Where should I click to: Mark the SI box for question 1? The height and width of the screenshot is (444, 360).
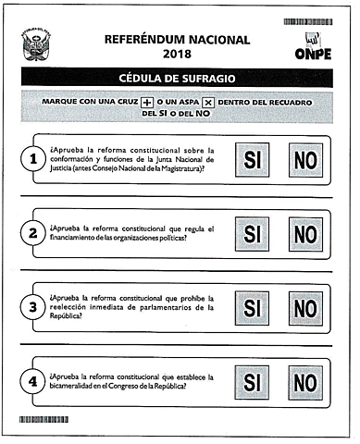(252, 159)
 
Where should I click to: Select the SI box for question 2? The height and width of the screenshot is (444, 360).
(252, 234)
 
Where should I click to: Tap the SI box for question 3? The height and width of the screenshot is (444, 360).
(252, 307)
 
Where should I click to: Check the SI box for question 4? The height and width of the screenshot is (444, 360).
(252, 380)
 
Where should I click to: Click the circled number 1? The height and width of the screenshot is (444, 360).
(33, 160)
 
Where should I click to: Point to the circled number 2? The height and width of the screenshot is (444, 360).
(33, 234)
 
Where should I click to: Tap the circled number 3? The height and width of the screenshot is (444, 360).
(33, 307)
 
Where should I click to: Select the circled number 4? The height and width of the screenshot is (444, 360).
(33, 380)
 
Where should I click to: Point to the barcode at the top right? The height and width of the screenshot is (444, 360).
(307, 20)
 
